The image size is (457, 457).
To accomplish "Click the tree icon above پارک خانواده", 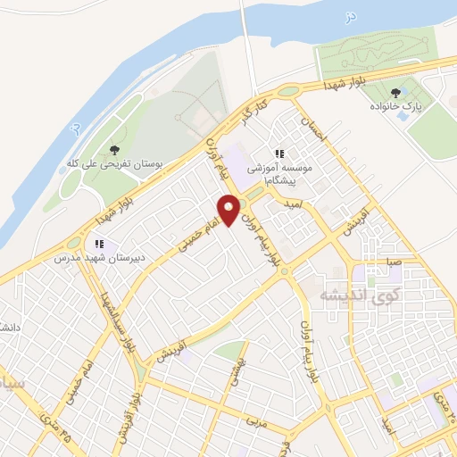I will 395,92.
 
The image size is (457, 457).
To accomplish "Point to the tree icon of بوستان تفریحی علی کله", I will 112,149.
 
